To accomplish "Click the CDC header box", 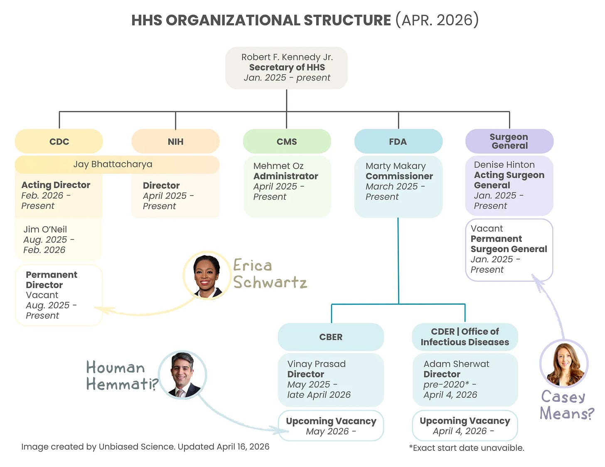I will tap(59, 142).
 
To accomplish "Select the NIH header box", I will tap(175, 142).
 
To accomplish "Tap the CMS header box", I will tap(287, 142).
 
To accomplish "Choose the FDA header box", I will tap(398, 142).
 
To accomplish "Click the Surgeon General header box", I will tap(509, 141).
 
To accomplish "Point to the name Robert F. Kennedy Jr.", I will tap(287, 57).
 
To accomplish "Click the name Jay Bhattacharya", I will tap(113, 164).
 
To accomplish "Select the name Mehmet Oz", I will tap(278, 166).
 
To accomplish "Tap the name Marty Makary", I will tap(396, 166).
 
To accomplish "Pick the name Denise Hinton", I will tap(504, 165).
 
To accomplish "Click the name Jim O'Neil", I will tap(45, 229).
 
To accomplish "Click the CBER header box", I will tap(331, 337).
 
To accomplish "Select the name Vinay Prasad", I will tap(316, 364).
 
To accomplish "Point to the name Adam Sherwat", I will tap(456, 364).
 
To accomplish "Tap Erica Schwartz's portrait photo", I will tap(207, 275).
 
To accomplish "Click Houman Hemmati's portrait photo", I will tap(182, 375).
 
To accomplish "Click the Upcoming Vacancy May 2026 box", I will tap(331, 426).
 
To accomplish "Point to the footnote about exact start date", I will tap(467, 448).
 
